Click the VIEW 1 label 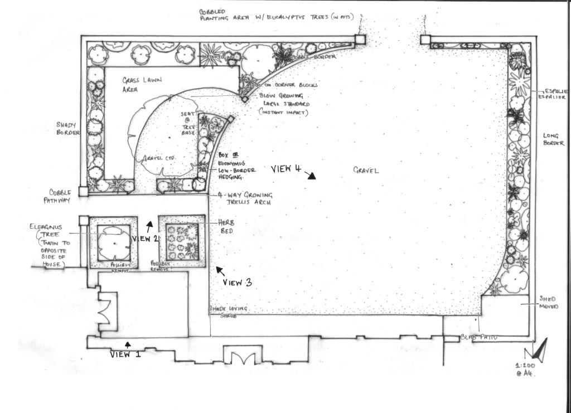pos(122,354)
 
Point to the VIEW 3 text pos(237,283)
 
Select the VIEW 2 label pos(144,239)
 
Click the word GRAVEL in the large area pos(366,171)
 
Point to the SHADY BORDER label pos(68,129)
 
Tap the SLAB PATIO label pos(478,338)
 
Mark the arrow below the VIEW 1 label pos(128,344)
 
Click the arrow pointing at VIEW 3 pos(220,271)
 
